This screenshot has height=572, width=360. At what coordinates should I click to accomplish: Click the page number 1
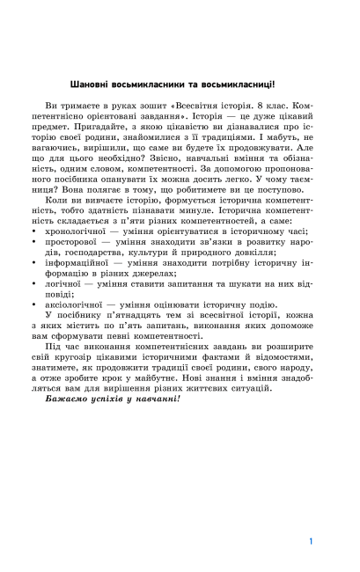[311, 517]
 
